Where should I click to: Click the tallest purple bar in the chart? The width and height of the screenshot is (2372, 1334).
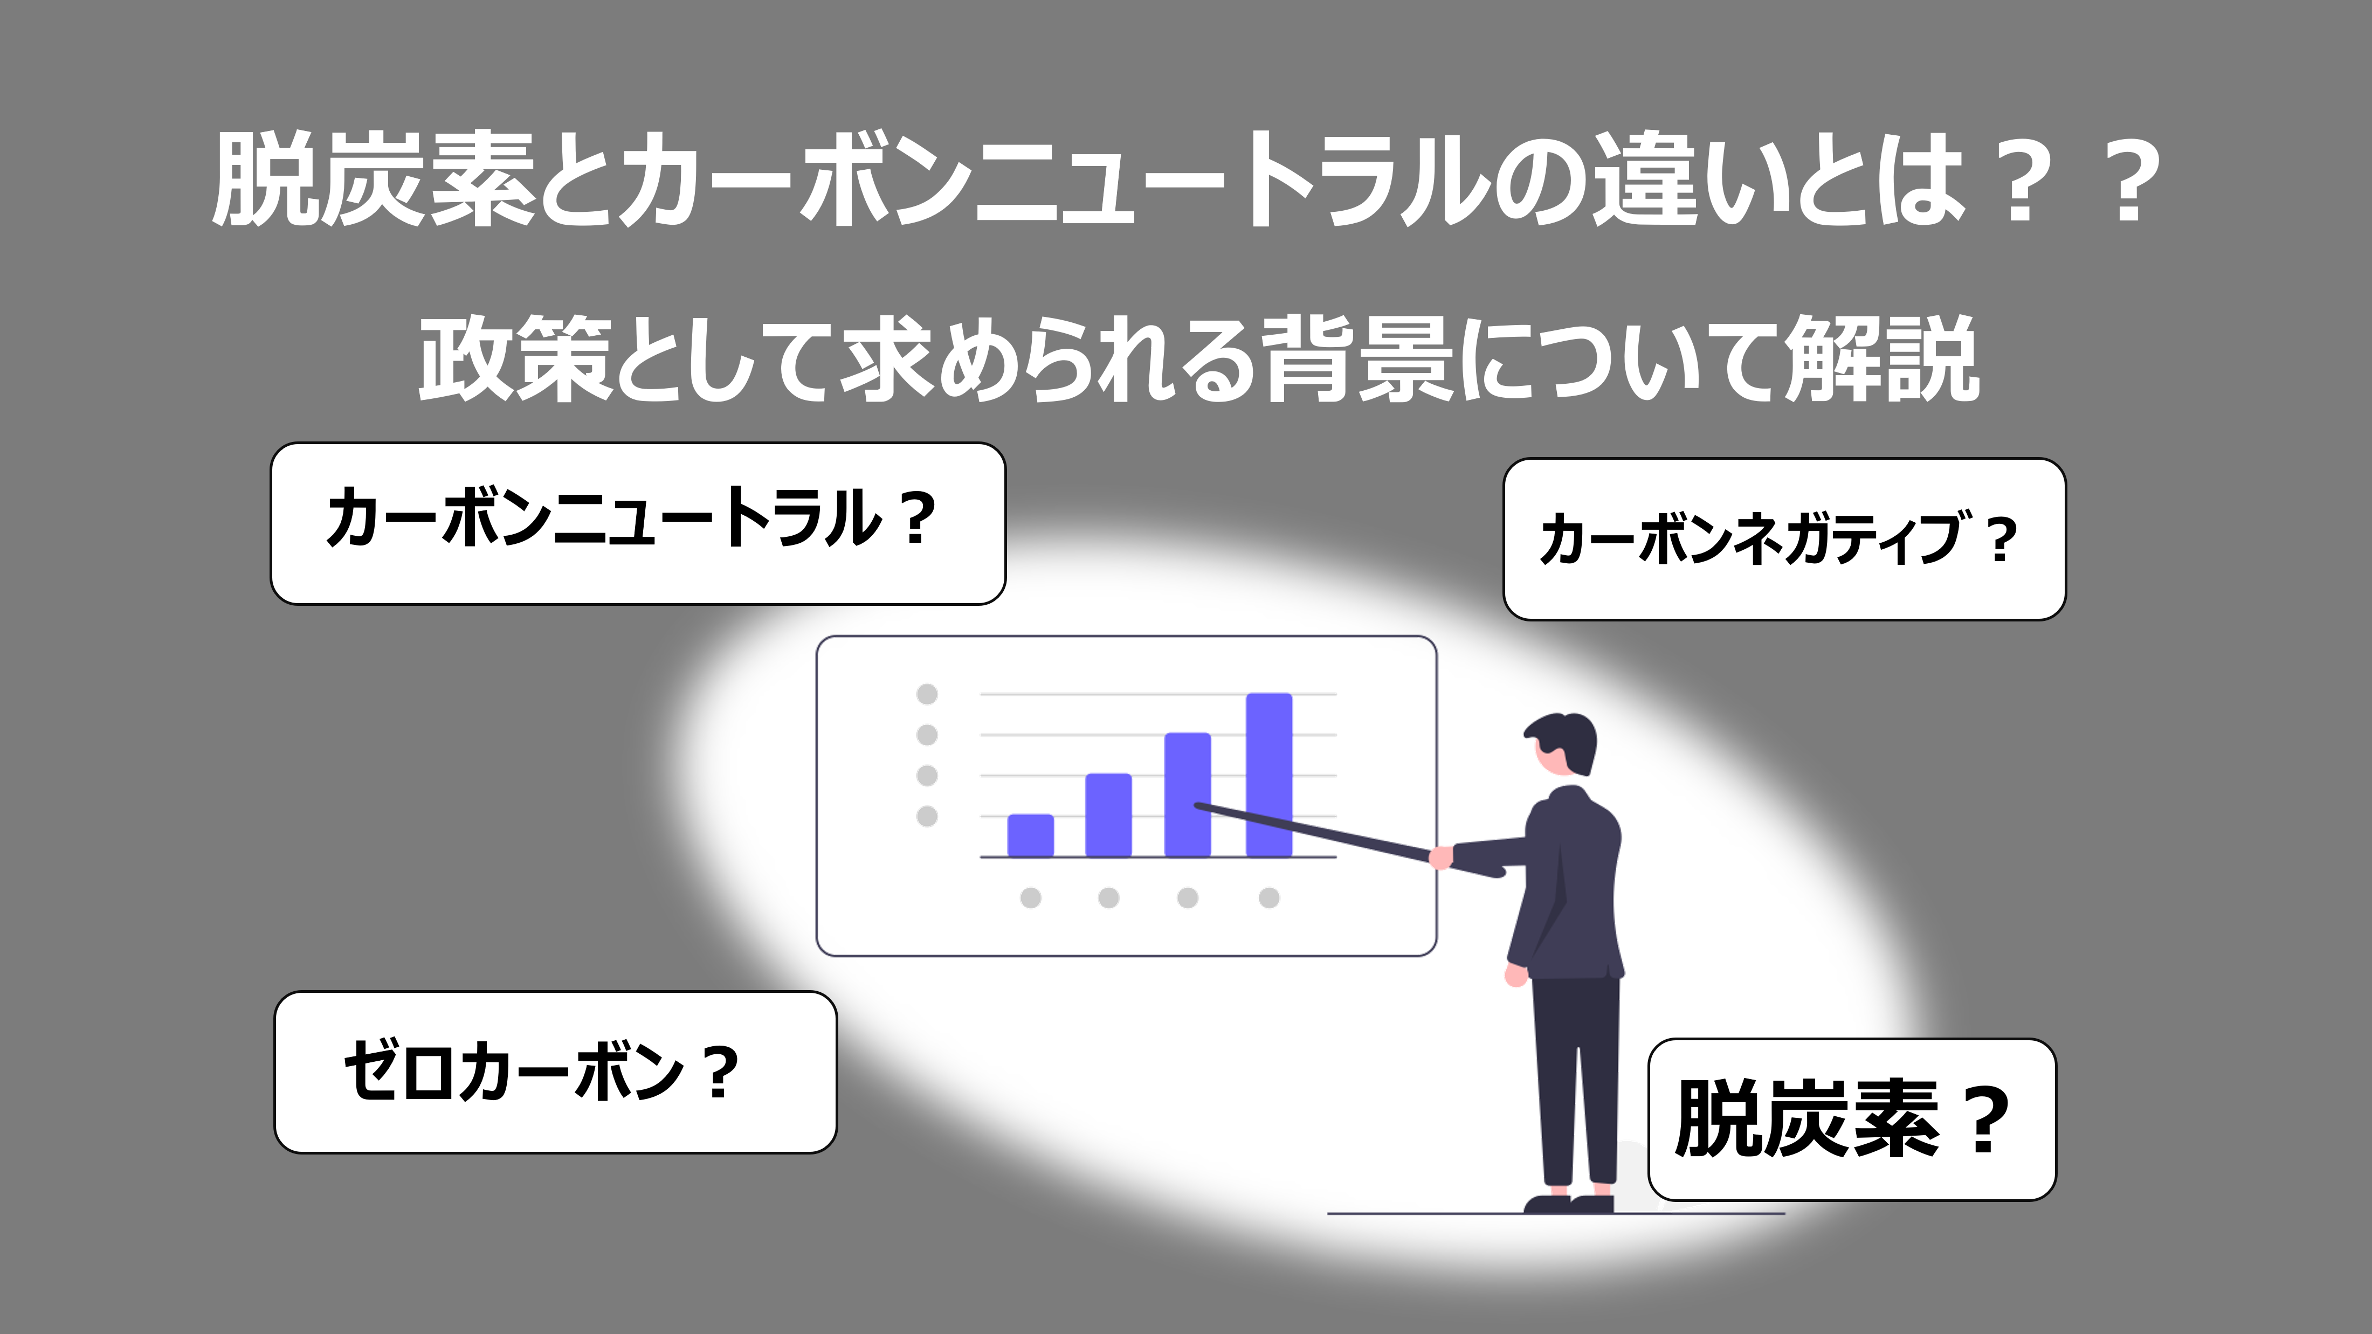[1269, 775]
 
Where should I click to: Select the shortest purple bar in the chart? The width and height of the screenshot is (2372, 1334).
[1030, 836]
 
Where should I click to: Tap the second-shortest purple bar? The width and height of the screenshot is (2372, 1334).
[1109, 815]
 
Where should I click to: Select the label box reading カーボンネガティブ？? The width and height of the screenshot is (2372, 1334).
[1784, 540]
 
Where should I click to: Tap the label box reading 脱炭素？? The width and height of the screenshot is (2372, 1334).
[1852, 1119]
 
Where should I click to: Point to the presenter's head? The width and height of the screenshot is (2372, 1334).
[1561, 747]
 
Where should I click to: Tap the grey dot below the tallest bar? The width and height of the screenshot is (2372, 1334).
[1269, 897]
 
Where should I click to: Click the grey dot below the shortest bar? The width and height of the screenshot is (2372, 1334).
[1030, 897]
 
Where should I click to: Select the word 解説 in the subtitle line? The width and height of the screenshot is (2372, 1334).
[1881, 359]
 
